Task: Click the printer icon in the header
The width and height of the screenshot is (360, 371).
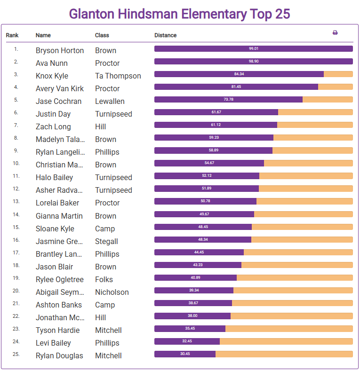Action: click(335, 33)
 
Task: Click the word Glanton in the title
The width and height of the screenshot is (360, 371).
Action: click(91, 14)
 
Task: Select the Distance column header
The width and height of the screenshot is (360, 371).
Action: click(165, 35)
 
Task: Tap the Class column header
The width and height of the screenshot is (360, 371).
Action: click(102, 35)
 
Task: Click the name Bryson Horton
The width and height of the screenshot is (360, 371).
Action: click(60, 50)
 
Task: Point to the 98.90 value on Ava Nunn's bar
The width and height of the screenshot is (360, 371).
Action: click(254, 61)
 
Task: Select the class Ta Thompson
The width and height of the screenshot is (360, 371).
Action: click(118, 76)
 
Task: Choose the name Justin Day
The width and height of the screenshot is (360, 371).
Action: click(53, 114)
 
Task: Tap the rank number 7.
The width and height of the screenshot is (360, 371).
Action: click(16, 126)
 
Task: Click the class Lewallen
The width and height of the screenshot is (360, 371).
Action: click(112, 101)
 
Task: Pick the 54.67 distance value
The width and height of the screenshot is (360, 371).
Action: click(209, 163)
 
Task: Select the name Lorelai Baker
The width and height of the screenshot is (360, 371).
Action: click(57, 203)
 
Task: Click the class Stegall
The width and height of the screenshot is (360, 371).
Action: click(106, 241)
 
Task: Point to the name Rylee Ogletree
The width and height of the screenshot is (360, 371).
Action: click(59, 279)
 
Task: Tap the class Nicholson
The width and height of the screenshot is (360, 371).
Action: click(112, 292)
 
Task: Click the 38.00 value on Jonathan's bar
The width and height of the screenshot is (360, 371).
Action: click(192, 316)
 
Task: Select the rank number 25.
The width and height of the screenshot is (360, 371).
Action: click(16, 354)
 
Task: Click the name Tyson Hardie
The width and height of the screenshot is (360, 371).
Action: click(57, 330)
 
